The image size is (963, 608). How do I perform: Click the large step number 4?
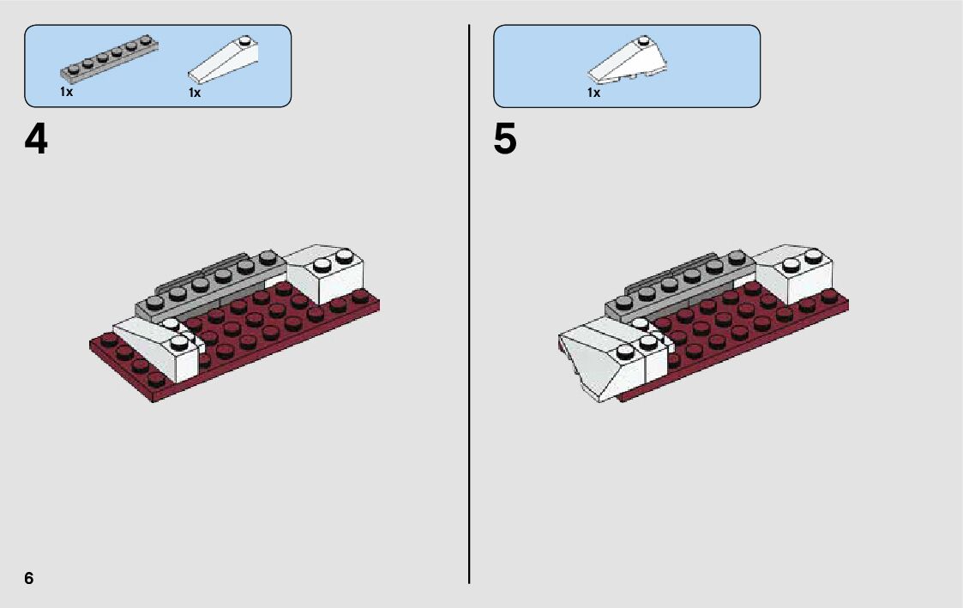point(36,140)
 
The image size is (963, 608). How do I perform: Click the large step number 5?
point(505,140)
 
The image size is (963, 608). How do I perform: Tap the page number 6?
point(29,578)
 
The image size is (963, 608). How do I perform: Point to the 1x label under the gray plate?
point(66,92)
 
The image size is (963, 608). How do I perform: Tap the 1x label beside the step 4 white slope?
point(195,93)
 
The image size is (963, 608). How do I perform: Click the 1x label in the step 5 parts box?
point(593,93)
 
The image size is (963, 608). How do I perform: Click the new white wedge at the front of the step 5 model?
point(600,364)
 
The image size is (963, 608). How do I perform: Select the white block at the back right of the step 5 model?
point(802,273)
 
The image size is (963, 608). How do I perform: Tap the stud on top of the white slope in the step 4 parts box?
point(245,39)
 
